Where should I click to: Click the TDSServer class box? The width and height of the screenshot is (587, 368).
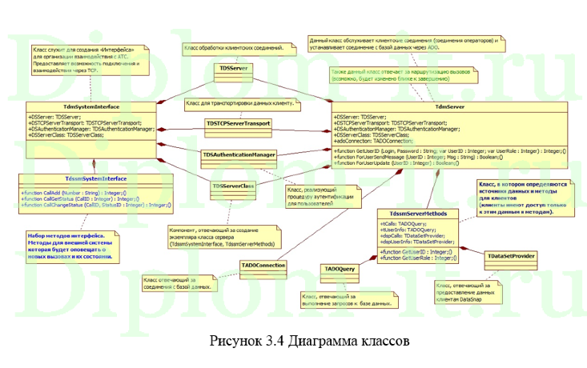point(233,70)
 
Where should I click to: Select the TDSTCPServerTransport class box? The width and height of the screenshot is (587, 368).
point(237,123)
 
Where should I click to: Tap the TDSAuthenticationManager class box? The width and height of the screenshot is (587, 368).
point(239,154)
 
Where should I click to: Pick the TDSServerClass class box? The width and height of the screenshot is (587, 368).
point(233,186)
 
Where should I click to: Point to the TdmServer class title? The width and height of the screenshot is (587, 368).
point(449,106)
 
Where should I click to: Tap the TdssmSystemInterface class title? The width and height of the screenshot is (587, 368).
point(96,178)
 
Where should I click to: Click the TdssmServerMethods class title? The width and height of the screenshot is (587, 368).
point(417,214)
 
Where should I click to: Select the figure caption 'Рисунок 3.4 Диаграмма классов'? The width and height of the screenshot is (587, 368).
point(310,340)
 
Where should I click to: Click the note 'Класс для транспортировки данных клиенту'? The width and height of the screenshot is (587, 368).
point(241,104)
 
